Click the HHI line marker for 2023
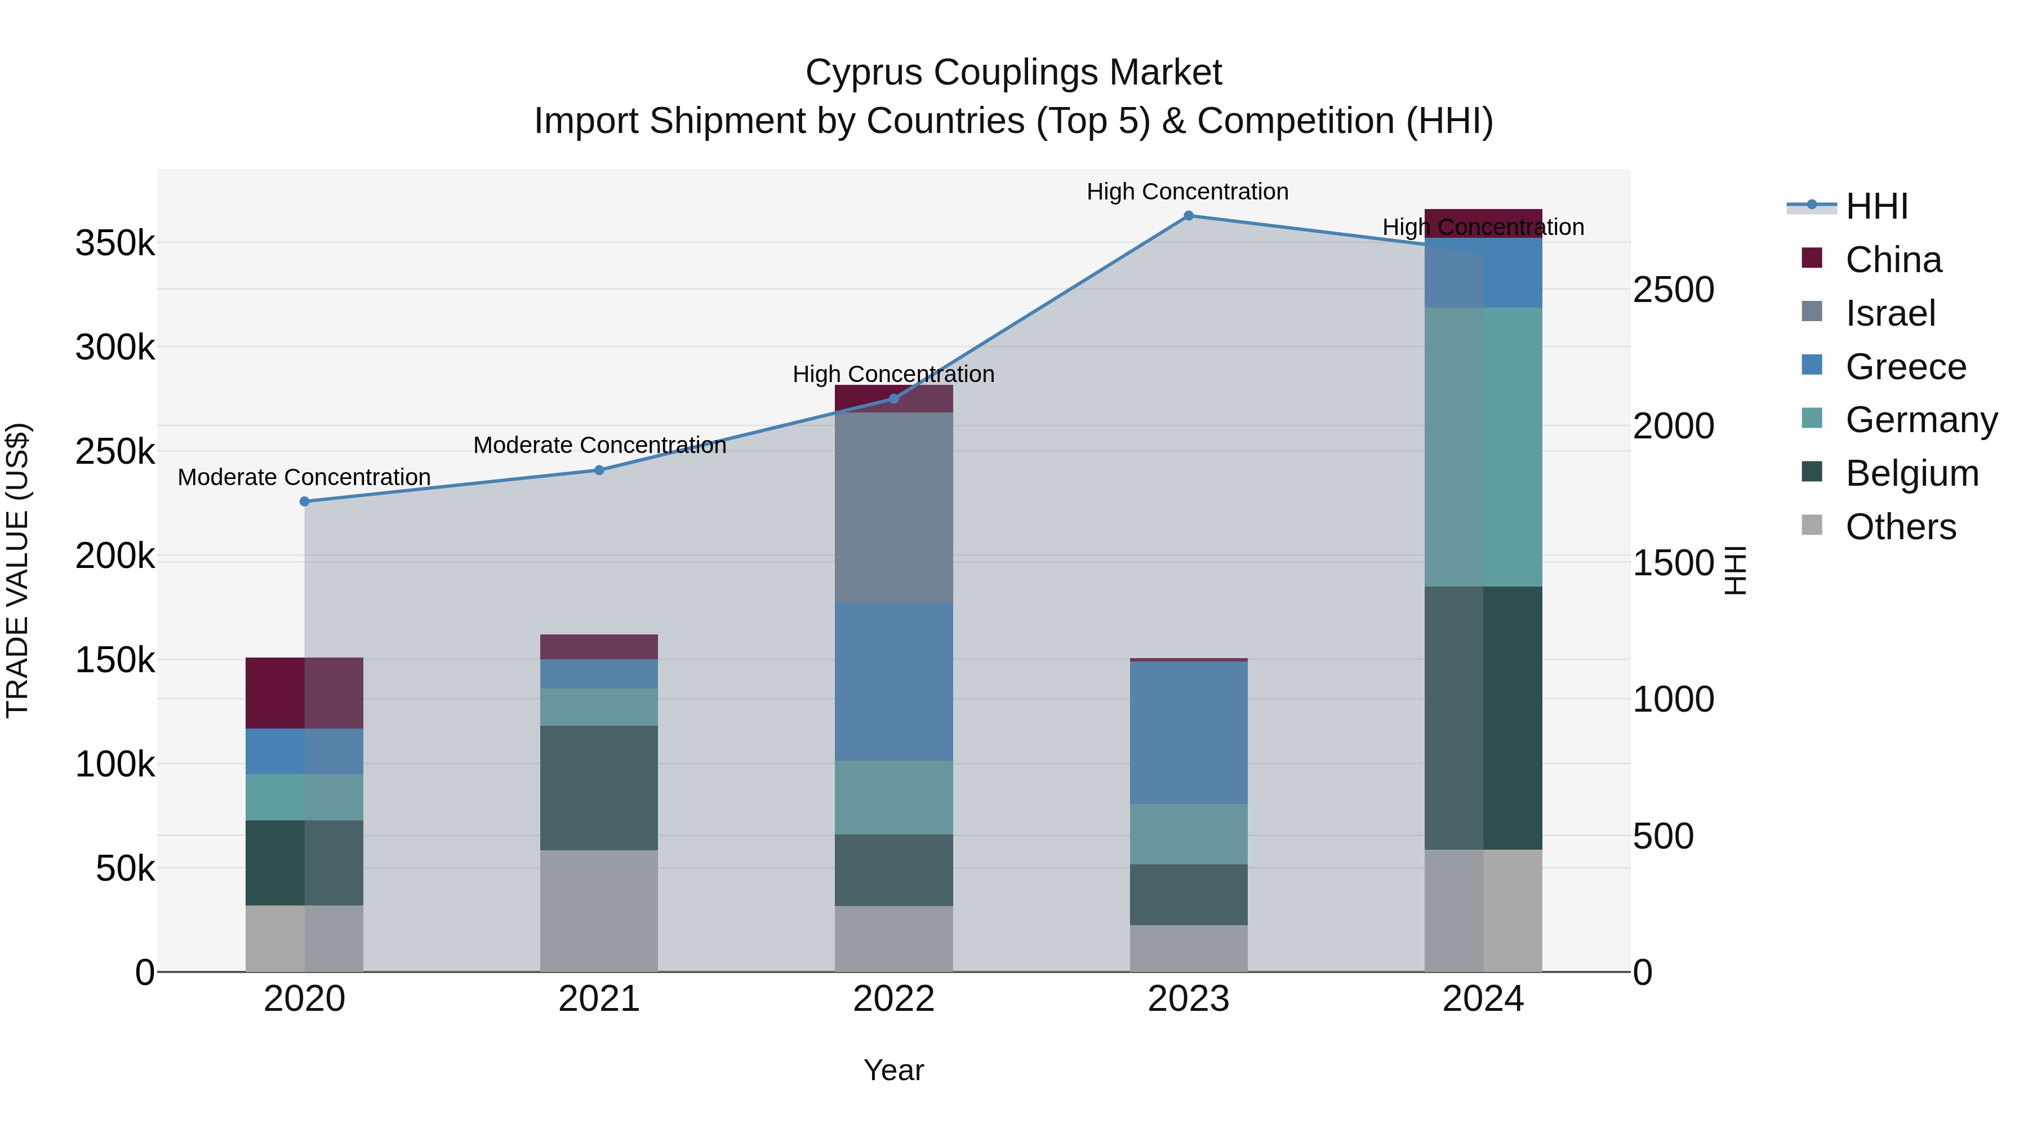[x=1188, y=216]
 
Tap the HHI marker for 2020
[x=305, y=501]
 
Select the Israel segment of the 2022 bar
[x=893, y=508]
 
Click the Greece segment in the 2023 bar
[x=1188, y=732]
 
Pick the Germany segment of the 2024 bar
[x=1483, y=447]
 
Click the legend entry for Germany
[x=1921, y=420]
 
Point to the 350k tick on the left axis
[x=115, y=243]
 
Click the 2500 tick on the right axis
[x=1673, y=290]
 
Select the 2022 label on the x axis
[x=893, y=999]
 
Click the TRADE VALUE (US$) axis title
[x=17, y=570]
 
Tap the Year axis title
[x=893, y=1070]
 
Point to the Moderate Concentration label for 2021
[x=599, y=445]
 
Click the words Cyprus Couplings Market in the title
[x=1013, y=73]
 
